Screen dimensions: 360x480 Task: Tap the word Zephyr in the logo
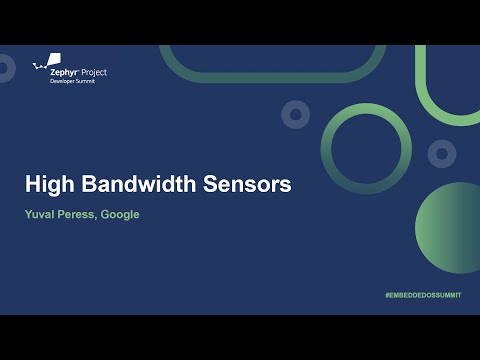click(x=66, y=72)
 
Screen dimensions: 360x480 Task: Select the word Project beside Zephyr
click(x=95, y=72)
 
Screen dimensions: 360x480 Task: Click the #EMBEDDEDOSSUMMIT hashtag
click(x=423, y=299)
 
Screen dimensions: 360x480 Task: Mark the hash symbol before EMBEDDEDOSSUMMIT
click(x=387, y=299)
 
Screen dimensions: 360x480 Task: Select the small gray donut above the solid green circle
click(x=442, y=153)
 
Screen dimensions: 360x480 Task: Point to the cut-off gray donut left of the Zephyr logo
click(x=5, y=68)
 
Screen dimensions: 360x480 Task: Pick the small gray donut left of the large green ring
click(x=295, y=115)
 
